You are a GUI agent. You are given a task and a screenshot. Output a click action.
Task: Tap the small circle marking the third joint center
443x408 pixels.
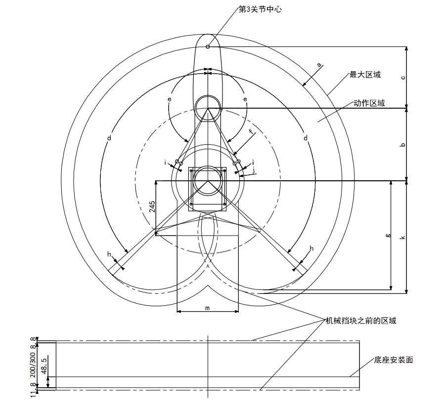(208, 47)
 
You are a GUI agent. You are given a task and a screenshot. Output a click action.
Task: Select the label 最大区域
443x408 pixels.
(365, 75)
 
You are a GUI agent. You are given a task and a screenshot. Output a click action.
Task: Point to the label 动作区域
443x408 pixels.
(369, 103)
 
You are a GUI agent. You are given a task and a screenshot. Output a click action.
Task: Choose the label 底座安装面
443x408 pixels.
(394, 360)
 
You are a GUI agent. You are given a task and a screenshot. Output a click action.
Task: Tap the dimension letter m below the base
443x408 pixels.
(208, 308)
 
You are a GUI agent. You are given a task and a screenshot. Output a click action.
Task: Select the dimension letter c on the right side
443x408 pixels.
(403, 77)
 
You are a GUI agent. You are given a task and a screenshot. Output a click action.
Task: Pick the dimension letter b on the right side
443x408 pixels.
(403, 145)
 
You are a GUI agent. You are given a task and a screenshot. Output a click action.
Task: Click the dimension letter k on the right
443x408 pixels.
(403, 238)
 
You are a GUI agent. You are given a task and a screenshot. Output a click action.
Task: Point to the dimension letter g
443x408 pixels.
(388, 236)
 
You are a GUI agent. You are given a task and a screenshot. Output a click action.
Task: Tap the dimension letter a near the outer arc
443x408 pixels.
(319, 65)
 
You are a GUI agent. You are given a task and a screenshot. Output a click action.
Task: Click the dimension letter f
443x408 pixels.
(251, 132)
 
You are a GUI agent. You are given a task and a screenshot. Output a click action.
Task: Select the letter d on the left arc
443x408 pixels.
(109, 138)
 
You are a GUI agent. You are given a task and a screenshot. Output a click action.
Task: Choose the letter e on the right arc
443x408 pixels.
(245, 99)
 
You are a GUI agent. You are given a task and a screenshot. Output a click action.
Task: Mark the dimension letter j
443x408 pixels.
(254, 169)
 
